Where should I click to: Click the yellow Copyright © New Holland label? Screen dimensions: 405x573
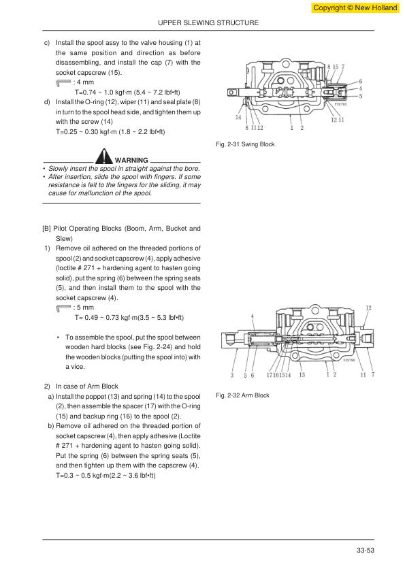click(355, 7)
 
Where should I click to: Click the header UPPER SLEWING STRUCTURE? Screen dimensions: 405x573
click(208, 22)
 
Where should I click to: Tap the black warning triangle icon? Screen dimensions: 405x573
click(104, 156)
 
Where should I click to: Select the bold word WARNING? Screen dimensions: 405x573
click(131, 160)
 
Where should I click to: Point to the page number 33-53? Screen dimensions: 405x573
click(365, 550)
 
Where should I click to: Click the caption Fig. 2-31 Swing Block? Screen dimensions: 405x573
click(245, 144)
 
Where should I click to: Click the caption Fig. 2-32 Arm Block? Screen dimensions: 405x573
click(242, 395)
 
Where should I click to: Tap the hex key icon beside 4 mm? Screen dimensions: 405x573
click(63, 83)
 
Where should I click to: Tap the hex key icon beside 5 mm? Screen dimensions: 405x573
click(63, 308)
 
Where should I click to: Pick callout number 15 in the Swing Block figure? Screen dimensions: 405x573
click(335, 67)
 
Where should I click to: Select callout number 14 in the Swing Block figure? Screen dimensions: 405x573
click(238, 117)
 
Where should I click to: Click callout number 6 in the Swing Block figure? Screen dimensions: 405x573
click(360, 82)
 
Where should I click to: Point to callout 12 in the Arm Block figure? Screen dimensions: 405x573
click(368, 308)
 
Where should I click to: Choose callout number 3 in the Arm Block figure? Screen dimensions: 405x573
click(231, 375)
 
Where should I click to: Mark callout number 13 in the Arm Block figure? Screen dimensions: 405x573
click(302, 375)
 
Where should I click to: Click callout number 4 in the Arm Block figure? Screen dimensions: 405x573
click(253, 316)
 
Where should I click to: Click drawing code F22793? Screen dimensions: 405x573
click(340, 104)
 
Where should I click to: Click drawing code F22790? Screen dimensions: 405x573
click(349, 360)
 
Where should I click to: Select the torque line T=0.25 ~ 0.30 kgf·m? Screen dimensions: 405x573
click(110, 131)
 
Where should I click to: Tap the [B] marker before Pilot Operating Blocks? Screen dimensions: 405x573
click(46, 229)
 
